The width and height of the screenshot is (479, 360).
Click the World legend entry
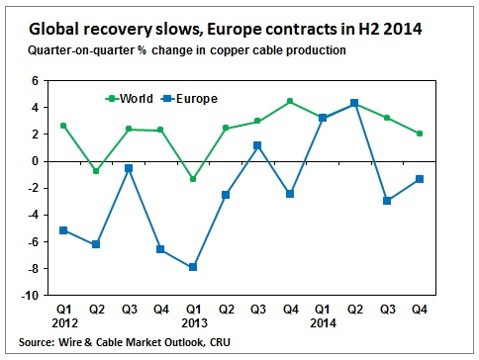tap(133, 98)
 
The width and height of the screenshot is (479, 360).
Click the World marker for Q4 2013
tap(289, 101)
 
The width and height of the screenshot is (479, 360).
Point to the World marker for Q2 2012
tap(96, 171)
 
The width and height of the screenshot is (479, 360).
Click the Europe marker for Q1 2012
tap(63, 230)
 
